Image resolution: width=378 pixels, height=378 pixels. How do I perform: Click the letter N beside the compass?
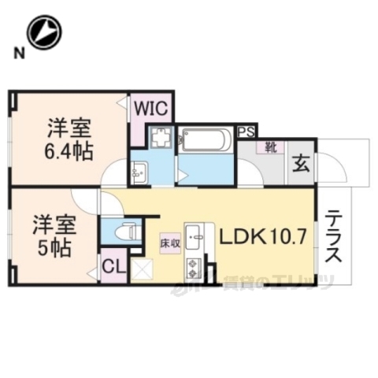click(17, 54)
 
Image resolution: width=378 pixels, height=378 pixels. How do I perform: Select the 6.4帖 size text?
click(69, 150)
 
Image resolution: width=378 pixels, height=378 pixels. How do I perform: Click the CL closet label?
click(114, 267)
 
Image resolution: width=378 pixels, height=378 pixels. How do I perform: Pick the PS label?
click(246, 132)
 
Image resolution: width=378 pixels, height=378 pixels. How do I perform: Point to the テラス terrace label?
click(334, 236)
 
